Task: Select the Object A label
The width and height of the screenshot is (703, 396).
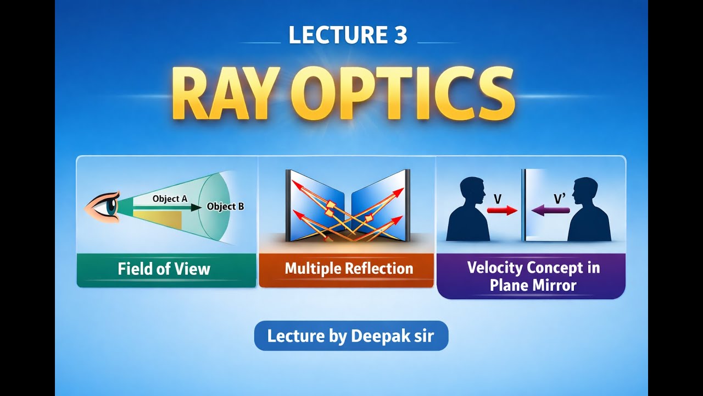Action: pos(170,199)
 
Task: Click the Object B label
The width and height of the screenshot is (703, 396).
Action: pos(225,207)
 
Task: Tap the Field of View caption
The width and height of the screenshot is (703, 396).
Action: pos(164,269)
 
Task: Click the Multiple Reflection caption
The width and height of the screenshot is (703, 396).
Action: pos(349,269)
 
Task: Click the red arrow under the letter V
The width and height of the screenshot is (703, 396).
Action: pos(502,210)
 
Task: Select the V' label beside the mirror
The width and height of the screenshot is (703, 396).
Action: pos(560,198)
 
